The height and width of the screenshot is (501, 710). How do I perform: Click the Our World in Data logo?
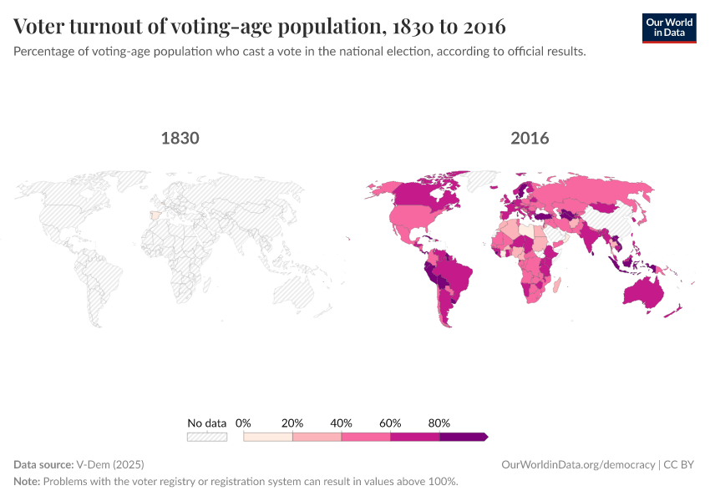click(668, 28)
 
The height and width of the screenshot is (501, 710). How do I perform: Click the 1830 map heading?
click(180, 138)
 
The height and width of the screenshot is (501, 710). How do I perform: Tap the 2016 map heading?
click(530, 138)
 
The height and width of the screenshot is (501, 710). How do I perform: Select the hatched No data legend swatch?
click(207, 437)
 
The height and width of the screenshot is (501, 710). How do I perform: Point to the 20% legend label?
click(292, 423)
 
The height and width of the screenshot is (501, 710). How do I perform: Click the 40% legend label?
click(342, 423)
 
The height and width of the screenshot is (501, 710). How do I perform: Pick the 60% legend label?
click(390, 423)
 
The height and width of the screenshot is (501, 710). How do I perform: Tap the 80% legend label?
click(439, 423)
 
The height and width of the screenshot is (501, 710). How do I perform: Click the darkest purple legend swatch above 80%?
click(462, 437)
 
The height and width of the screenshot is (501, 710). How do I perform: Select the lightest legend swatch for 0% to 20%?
click(268, 437)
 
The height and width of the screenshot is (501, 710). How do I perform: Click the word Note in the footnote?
click(27, 482)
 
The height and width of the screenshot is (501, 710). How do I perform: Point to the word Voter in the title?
click(42, 27)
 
